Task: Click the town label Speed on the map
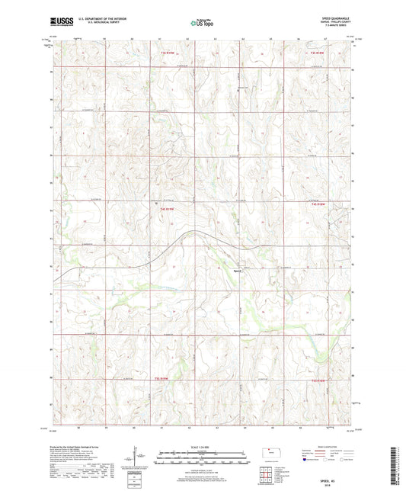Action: click(x=237, y=269)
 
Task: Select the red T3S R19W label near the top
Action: click(x=168, y=53)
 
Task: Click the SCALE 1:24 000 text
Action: click(x=202, y=447)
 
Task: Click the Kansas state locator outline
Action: click(x=272, y=454)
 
